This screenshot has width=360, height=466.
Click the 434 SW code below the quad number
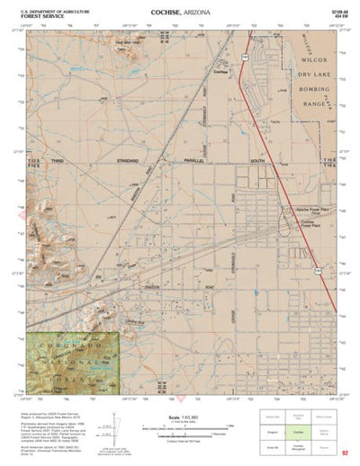[338, 15]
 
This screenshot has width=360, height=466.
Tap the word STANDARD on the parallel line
[135, 160]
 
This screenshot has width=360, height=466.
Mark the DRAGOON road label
[175, 290]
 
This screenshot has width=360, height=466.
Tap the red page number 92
[345, 453]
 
